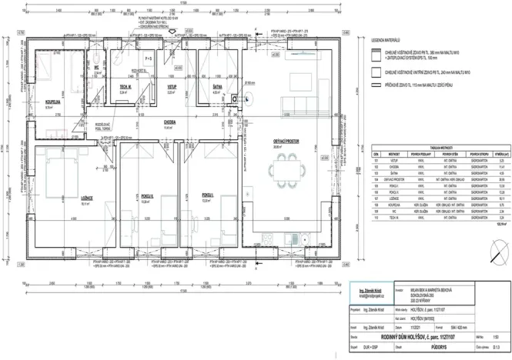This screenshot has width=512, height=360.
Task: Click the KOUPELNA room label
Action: (x=53, y=101)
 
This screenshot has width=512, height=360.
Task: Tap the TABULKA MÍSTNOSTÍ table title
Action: (x=440, y=146)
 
